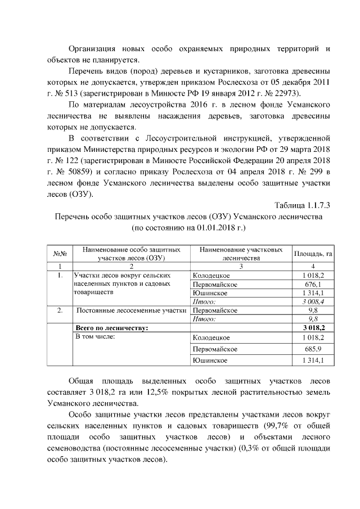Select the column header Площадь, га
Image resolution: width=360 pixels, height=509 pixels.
point(313,253)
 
